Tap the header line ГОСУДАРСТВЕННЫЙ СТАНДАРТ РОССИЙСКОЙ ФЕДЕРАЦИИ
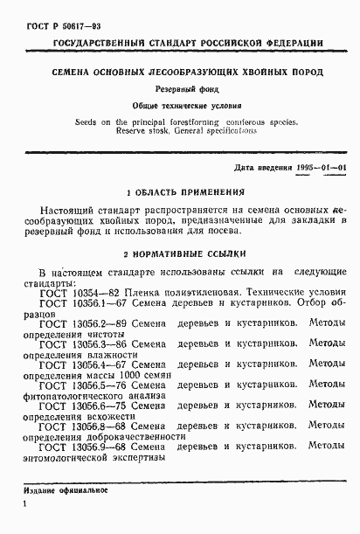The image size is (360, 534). tap(189, 42)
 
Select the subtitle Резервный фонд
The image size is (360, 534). tap(183, 89)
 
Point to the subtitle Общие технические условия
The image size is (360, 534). tap(182, 105)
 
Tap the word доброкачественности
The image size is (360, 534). tap(128, 439)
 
